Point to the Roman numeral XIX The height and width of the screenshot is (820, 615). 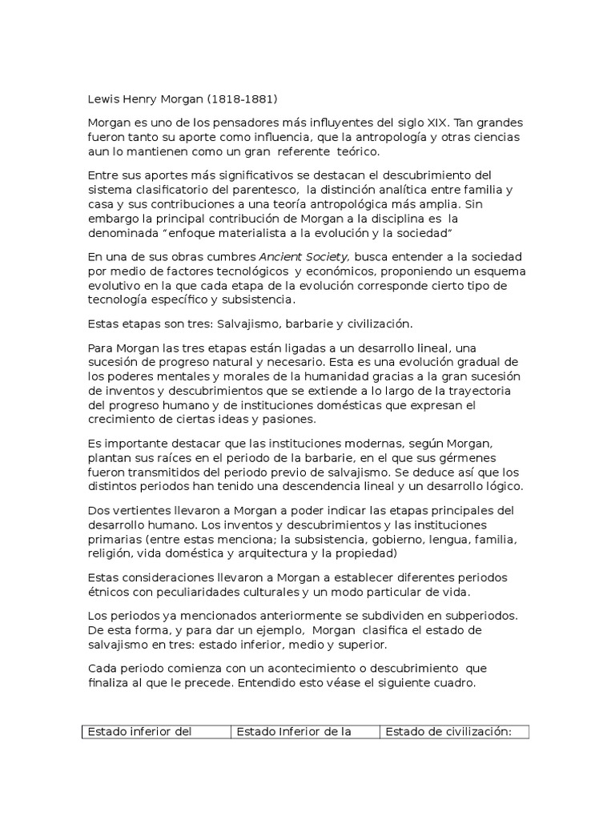(435, 124)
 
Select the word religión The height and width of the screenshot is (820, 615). (108, 553)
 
